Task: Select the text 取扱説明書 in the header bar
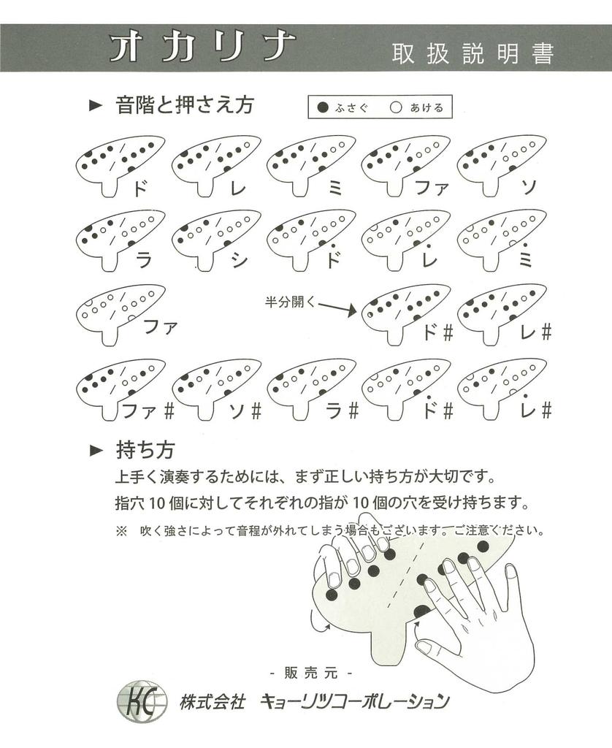point(473,53)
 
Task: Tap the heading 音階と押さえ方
point(184,105)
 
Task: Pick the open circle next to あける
point(397,107)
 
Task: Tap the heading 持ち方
point(145,449)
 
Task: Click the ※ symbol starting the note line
point(121,530)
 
